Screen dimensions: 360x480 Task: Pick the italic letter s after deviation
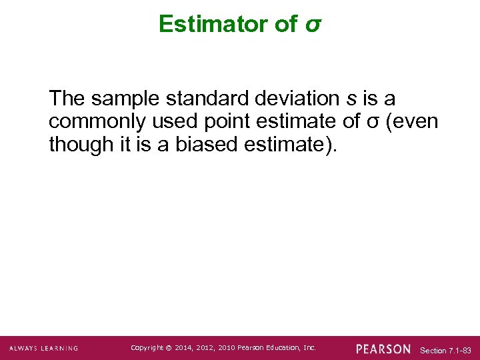(351, 100)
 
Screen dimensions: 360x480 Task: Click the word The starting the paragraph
(67, 99)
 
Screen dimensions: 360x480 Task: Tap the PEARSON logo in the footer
(383, 349)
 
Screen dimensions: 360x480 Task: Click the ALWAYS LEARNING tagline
(43, 348)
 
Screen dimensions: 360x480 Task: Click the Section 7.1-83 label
(446, 350)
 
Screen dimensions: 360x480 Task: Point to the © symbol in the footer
(169, 348)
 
